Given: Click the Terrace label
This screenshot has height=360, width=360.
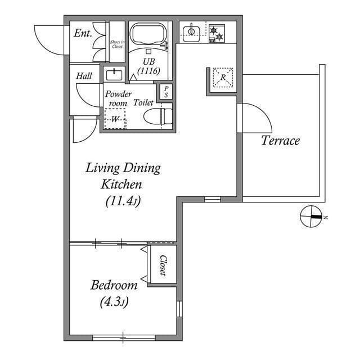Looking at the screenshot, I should [x=280, y=141].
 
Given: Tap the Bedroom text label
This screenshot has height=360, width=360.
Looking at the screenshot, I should [x=114, y=285].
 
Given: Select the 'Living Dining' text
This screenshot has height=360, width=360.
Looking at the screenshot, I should [x=123, y=168].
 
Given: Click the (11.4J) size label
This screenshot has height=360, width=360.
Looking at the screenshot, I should [x=123, y=201].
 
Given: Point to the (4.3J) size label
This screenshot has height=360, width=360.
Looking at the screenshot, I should [x=114, y=303].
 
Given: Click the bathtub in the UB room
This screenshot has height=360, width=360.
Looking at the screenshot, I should [x=148, y=35].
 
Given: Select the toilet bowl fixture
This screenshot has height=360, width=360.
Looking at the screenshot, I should [x=156, y=117].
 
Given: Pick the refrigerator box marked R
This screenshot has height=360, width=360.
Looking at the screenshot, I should [x=223, y=78].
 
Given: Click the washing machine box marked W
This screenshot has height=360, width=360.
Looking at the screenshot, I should [x=115, y=119].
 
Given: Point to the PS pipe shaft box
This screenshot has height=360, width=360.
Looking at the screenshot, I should [x=166, y=92].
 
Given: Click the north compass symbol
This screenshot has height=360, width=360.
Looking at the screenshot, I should [x=311, y=217].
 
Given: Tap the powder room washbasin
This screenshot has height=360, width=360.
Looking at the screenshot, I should [x=115, y=74].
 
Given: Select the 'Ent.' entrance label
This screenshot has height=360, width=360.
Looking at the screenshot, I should [x=83, y=33].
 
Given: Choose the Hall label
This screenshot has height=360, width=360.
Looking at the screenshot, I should [x=85, y=75].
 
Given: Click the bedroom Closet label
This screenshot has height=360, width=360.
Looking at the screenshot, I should [x=162, y=265].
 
